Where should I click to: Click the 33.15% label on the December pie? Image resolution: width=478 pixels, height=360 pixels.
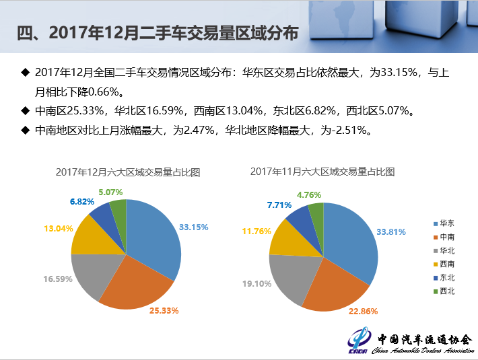193,227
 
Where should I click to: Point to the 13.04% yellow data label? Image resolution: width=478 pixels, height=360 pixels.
59,229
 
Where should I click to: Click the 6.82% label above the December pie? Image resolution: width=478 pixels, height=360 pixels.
82,202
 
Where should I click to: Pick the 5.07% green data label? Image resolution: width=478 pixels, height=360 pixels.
110,192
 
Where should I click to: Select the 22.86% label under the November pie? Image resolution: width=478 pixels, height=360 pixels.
364,311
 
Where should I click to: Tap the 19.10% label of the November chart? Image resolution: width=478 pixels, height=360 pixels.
257,284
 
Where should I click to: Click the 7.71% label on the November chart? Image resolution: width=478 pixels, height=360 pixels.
279,204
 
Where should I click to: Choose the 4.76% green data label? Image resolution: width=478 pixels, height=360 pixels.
310,195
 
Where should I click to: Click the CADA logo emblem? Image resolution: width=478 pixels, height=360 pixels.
360,340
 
